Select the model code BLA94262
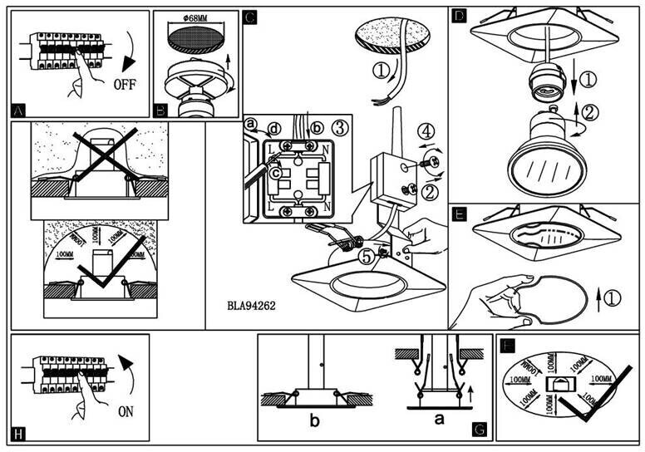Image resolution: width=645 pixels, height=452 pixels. point(251,305)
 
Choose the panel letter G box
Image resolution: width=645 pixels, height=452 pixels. point(479,430)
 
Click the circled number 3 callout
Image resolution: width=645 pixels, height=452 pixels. point(338,126)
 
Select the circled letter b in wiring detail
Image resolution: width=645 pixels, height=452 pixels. point(315,127)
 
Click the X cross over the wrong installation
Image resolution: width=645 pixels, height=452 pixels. point(100,160)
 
